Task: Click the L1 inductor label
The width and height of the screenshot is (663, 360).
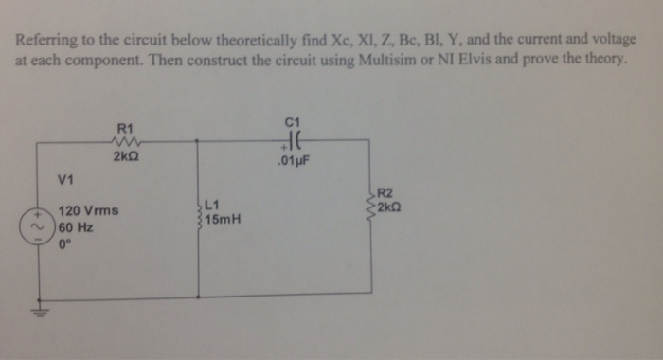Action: point(212,203)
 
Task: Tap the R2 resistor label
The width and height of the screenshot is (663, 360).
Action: point(385,193)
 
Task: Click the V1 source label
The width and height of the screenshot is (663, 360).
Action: point(66,178)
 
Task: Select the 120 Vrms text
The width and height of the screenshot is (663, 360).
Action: point(87,210)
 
